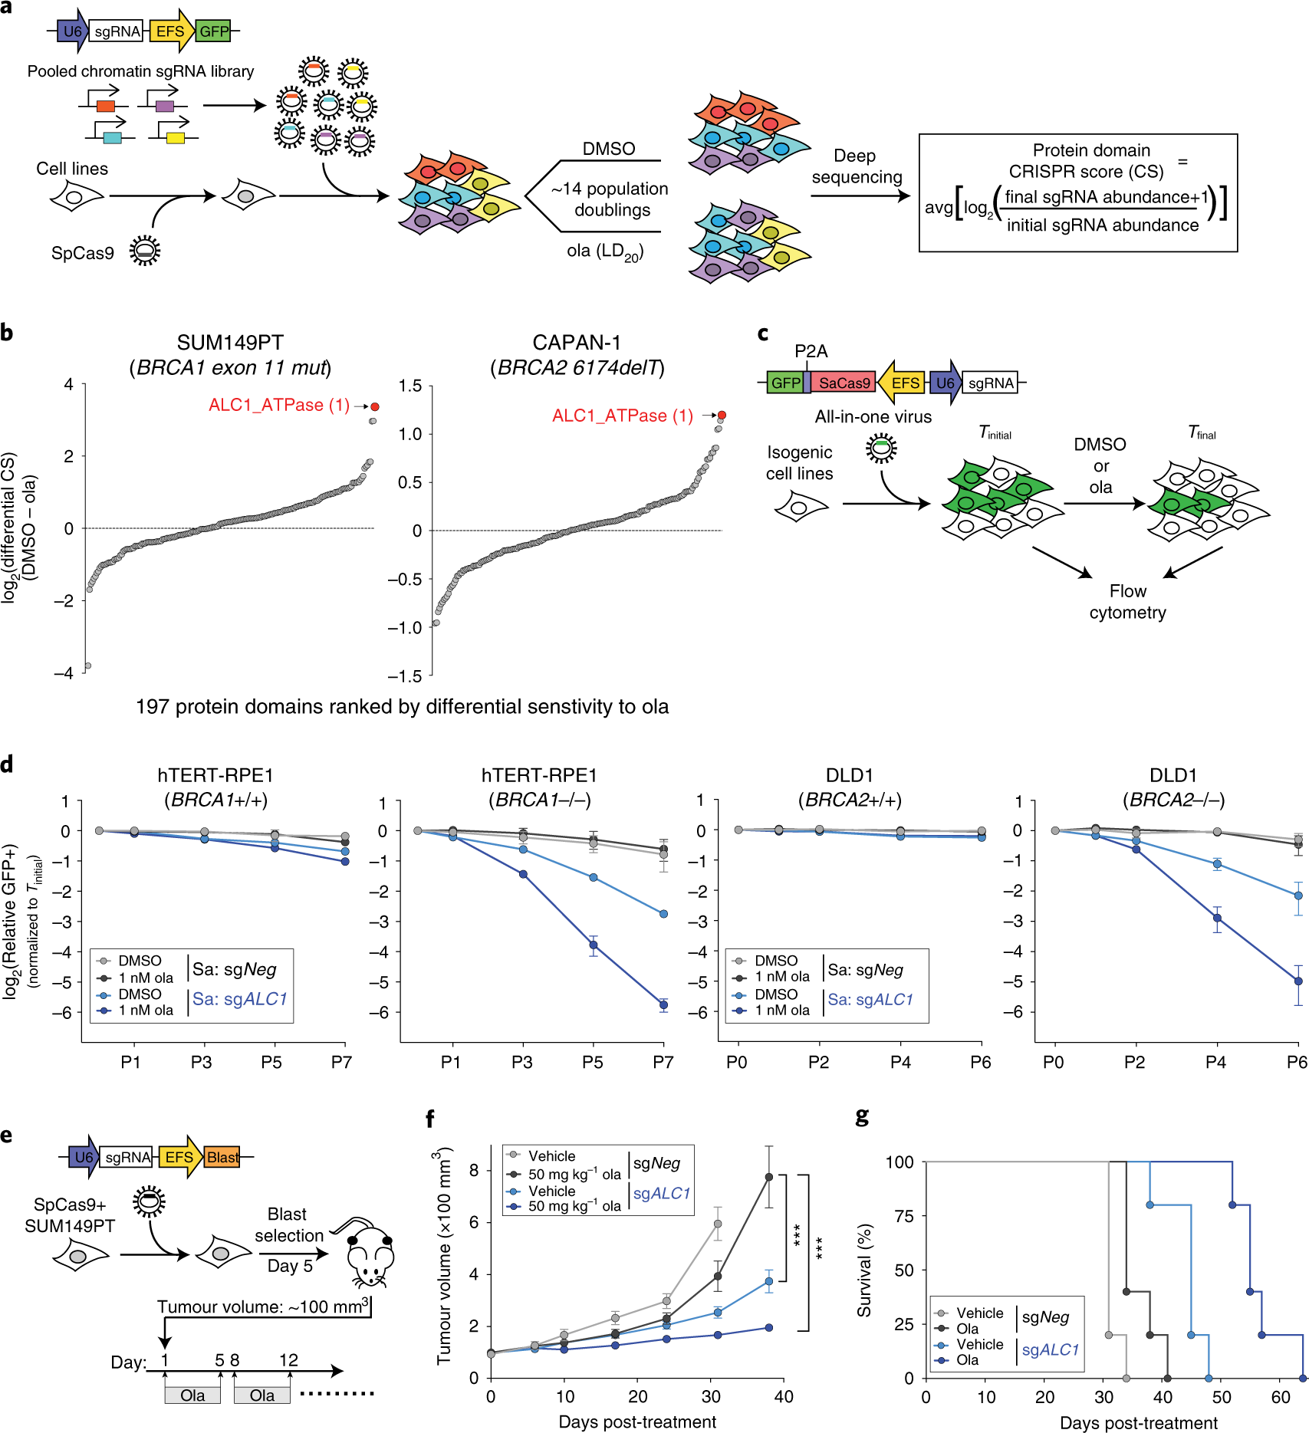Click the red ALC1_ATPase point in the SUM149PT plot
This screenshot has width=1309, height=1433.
click(x=375, y=406)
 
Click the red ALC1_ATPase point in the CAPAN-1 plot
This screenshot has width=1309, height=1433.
click(x=722, y=415)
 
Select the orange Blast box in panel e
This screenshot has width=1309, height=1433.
click(x=222, y=1157)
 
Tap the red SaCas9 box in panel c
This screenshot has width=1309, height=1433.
click(x=844, y=383)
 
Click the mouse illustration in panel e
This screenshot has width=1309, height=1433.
click(x=369, y=1252)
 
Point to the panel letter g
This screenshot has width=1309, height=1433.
click(x=863, y=1116)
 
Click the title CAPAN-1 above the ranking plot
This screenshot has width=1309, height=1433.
click(x=577, y=342)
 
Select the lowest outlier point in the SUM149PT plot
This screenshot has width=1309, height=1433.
click(x=87, y=666)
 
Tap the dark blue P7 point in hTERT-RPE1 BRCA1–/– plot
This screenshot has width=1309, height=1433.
click(x=663, y=1004)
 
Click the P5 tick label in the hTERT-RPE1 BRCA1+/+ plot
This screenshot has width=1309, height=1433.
click(x=271, y=1062)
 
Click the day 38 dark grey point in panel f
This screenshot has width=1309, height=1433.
click(x=768, y=1177)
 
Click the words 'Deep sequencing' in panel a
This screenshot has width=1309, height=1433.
click(x=856, y=166)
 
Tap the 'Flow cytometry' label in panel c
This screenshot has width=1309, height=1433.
click(x=1127, y=602)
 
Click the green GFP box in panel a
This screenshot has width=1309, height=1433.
click(x=214, y=31)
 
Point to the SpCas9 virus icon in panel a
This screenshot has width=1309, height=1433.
click(x=144, y=251)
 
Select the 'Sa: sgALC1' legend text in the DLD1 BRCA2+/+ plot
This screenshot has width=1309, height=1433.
click(x=870, y=1000)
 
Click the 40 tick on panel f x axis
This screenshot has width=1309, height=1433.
click(x=784, y=1396)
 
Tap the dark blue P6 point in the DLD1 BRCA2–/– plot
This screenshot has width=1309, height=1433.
click(x=1298, y=981)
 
